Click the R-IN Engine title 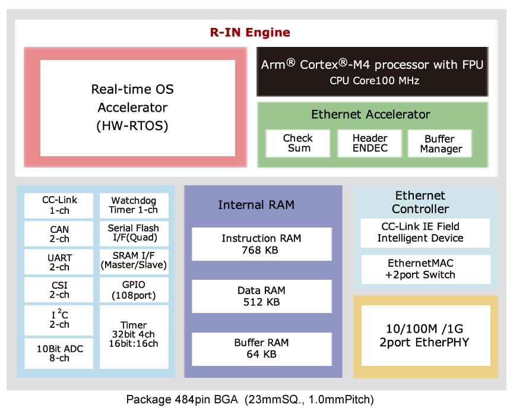[250, 32]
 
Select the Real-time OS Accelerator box [137, 107]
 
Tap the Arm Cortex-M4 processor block [372, 71]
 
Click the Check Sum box [297, 143]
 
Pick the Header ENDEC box [370, 143]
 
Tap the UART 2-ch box [59, 262]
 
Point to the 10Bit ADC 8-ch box [59, 353]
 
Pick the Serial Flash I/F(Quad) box [134, 233]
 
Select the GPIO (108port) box [134, 290]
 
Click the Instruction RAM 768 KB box [261, 244]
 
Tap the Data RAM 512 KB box [261, 296]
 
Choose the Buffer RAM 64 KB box [261, 348]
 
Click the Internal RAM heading [256, 206]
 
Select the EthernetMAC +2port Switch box [425, 269]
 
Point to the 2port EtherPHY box [425, 336]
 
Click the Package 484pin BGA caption [250, 399]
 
